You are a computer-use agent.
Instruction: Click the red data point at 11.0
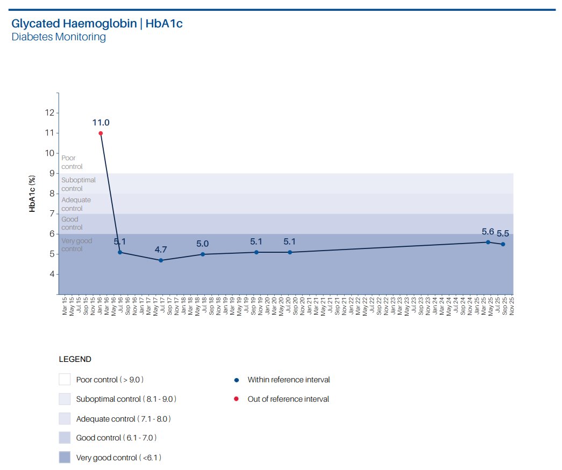click(101, 133)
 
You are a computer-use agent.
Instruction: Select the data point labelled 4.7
click(161, 260)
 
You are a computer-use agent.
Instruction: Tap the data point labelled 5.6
click(488, 242)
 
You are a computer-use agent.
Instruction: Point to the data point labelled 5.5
click(503, 244)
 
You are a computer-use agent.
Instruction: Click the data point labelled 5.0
click(203, 254)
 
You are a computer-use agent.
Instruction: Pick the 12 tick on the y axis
click(50, 113)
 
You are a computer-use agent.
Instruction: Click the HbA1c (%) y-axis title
click(32, 194)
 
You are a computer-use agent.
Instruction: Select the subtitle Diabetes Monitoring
click(59, 37)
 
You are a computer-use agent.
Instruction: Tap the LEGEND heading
click(75, 359)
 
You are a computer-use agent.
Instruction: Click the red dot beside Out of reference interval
click(237, 400)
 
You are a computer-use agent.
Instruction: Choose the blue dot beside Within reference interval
click(237, 380)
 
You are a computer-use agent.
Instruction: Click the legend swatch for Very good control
click(65, 458)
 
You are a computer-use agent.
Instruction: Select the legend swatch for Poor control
click(65, 380)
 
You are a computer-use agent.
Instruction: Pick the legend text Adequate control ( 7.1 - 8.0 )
click(124, 418)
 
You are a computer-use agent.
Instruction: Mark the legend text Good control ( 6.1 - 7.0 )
click(116, 438)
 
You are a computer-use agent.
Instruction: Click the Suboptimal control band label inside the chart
click(79, 184)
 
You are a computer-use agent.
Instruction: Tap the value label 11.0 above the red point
click(101, 123)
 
